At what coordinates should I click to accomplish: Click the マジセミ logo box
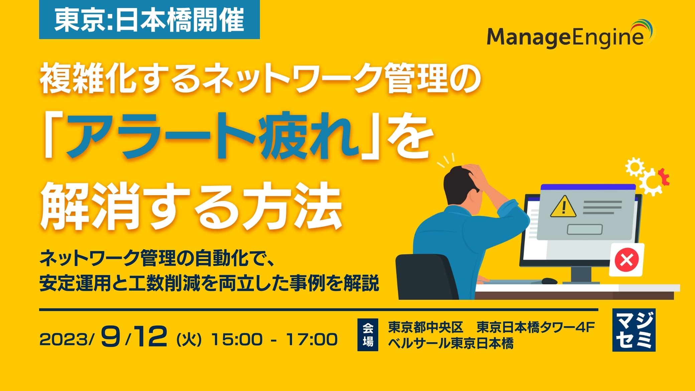click(x=634, y=330)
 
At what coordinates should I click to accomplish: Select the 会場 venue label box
click(x=368, y=335)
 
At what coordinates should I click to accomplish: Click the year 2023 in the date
click(x=65, y=340)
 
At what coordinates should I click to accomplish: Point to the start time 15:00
click(x=237, y=340)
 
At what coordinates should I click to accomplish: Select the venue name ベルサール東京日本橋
click(x=451, y=344)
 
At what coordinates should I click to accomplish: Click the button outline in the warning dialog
click(x=585, y=230)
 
